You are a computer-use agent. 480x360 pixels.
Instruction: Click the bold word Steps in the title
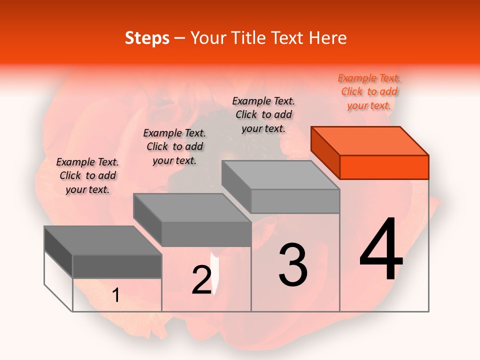click(x=146, y=38)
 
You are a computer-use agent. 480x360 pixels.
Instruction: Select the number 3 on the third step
click(x=293, y=264)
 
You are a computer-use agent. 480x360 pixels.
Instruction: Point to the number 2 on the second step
click(x=201, y=280)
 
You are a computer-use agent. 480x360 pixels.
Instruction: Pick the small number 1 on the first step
click(x=116, y=295)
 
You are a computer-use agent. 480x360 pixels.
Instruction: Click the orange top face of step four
click(x=369, y=140)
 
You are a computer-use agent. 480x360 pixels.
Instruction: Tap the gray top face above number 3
click(x=280, y=175)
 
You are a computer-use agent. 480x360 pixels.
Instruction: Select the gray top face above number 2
click(x=191, y=207)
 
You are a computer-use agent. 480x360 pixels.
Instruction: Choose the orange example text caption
click(x=369, y=92)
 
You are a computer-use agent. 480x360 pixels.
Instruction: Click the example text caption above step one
click(x=87, y=176)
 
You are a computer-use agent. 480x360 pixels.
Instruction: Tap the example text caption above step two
click(x=174, y=147)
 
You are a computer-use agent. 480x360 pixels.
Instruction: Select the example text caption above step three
click(x=263, y=114)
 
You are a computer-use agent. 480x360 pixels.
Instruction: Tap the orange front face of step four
click(x=384, y=167)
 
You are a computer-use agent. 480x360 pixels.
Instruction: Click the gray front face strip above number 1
click(x=117, y=266)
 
